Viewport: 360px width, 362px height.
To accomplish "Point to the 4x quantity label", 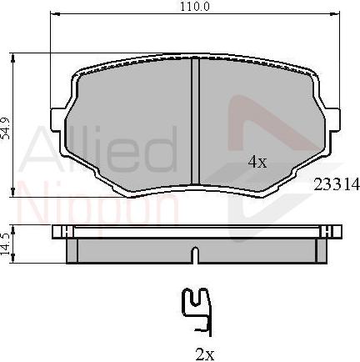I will coord(257,163).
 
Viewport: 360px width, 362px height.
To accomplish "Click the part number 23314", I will coord(336,187).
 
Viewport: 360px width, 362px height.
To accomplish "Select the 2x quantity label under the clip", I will coord(204,354).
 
